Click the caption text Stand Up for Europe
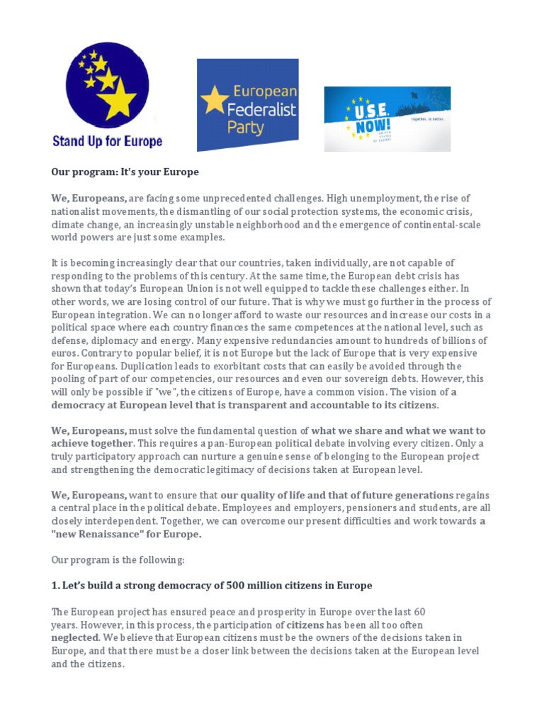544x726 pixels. tap(107, 141)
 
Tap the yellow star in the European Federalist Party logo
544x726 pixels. tap(215, 101)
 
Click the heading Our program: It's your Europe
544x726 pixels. tap(125, 172)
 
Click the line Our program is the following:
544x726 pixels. tap(118, 559)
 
